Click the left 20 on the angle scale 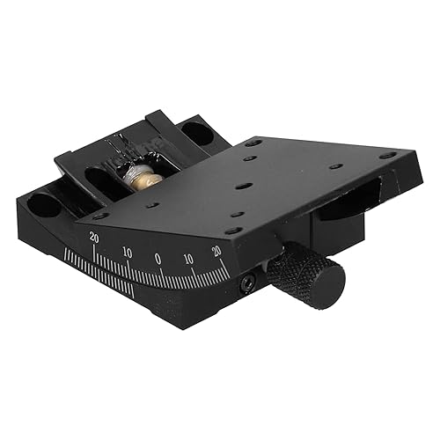pos(94,236)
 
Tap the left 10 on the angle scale pos(127,253)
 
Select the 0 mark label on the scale pos(158,259)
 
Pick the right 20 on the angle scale pos(216,252)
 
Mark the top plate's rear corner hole pos(253,143)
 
